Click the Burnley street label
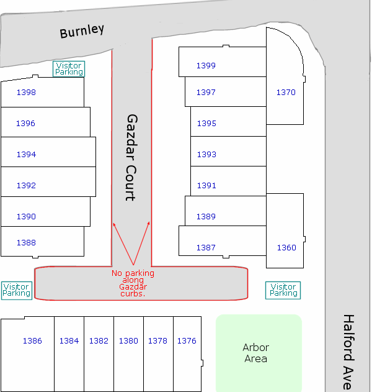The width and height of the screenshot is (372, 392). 82,31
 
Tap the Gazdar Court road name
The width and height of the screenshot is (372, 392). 131,158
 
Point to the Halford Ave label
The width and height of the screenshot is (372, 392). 349,352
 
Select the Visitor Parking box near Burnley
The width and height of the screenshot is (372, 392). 69,69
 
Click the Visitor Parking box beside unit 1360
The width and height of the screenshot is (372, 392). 283,290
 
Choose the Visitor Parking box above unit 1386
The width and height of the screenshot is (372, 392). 17,290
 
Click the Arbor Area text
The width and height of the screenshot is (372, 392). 255,353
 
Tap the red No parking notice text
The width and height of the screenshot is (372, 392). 133,283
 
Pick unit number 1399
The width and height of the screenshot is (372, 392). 206,65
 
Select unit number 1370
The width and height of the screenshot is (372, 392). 286,92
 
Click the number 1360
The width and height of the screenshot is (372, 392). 286,247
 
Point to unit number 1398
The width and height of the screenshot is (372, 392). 26,92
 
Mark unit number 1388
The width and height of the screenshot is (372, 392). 26,242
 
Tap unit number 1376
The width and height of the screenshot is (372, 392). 187,340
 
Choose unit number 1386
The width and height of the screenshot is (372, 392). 32,340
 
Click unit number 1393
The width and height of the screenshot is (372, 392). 206,154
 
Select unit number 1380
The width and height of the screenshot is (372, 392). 128,340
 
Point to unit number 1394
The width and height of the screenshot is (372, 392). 26,154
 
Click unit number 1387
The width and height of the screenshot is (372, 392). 206,247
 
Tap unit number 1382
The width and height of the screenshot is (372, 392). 99,340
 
